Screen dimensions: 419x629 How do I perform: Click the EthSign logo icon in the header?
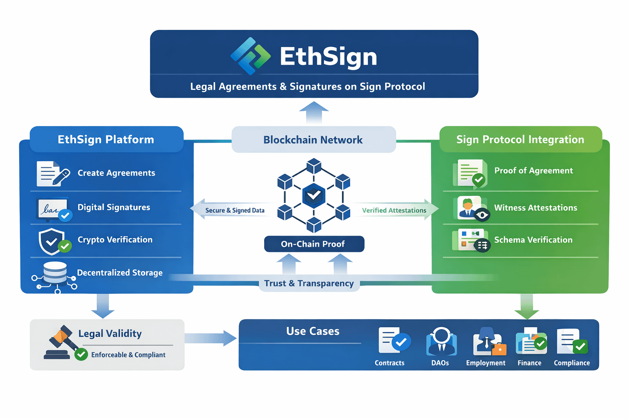pos(250,56)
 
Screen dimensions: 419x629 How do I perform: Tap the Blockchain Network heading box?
pos(313,140)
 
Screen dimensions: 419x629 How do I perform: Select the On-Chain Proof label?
pos(314,244)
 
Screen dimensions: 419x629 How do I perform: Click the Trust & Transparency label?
pos(309,283)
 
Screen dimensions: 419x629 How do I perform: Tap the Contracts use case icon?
pos(394,340)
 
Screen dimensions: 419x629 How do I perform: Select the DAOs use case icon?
pos(441,342)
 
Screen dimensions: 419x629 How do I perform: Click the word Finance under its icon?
pos(529,363)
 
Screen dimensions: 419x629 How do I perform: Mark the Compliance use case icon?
pos(572,341)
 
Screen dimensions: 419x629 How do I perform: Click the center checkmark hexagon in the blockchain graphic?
pos(314,196)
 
